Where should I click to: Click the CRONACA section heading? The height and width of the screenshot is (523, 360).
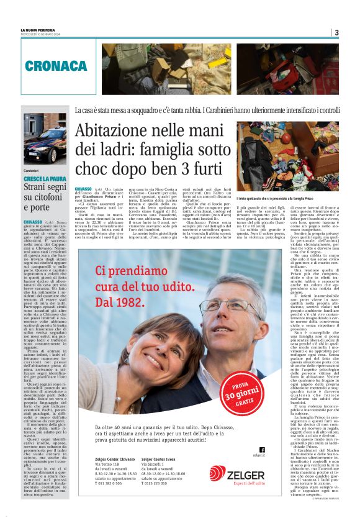(56, 66)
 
